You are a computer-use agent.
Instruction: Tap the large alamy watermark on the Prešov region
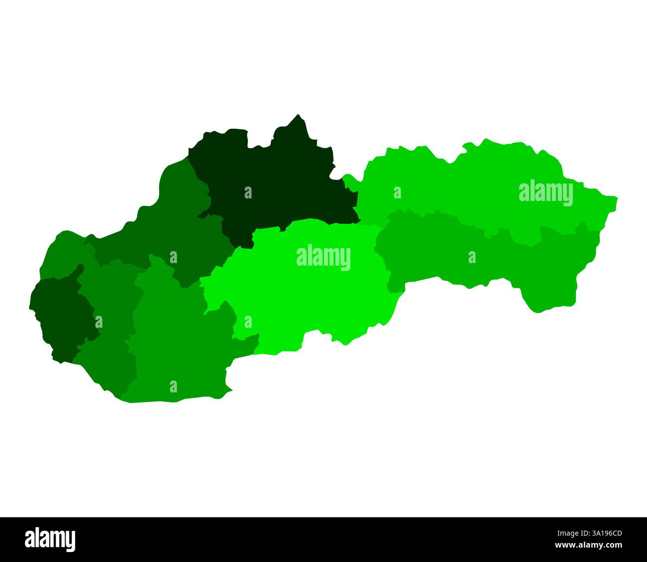(x=545, y=193)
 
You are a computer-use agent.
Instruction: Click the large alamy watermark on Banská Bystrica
(x=323, y=258)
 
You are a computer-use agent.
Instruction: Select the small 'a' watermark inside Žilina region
(x=248, y=192)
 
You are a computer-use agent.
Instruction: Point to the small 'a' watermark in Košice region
(x=472, y=257)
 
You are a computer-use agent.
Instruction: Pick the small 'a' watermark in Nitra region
(x=173, y=386)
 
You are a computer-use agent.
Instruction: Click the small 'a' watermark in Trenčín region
(x=173, y=257)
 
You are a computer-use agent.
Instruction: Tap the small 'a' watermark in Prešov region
(x=397, y=192)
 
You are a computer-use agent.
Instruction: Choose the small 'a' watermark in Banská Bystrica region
(x=248, y=322)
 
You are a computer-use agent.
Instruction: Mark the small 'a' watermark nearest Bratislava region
(x=99, y=322)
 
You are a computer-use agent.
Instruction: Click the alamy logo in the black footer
(x=50, y=539)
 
